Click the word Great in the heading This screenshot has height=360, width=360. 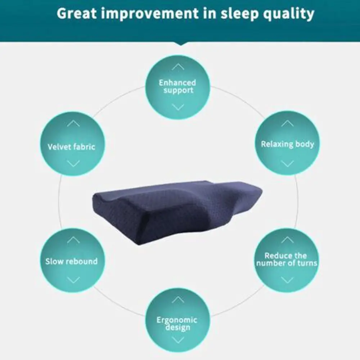77,14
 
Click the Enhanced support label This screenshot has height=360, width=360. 178,87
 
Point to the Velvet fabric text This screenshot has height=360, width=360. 71,147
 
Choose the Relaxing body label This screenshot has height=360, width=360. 287,144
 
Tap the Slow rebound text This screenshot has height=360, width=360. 71,261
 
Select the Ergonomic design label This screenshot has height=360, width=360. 177,324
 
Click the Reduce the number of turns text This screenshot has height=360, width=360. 287,260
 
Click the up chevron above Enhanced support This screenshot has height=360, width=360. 178,67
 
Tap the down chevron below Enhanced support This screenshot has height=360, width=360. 178,107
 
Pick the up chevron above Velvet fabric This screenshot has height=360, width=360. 73,123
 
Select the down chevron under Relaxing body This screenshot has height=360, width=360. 287,164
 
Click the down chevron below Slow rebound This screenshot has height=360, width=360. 73,280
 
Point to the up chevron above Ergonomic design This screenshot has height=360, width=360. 178,300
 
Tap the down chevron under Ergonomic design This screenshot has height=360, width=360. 178,339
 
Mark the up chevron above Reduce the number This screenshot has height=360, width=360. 287,240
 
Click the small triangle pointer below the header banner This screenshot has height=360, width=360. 180,44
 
